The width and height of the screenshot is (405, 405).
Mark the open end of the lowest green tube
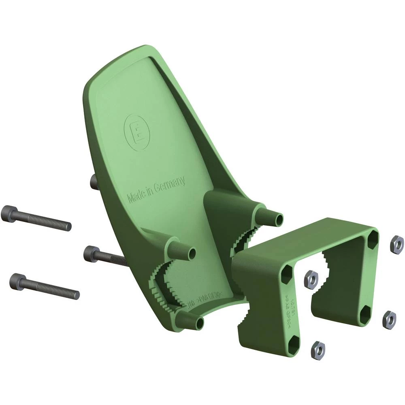pyautogui.click(x=200, y=323)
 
